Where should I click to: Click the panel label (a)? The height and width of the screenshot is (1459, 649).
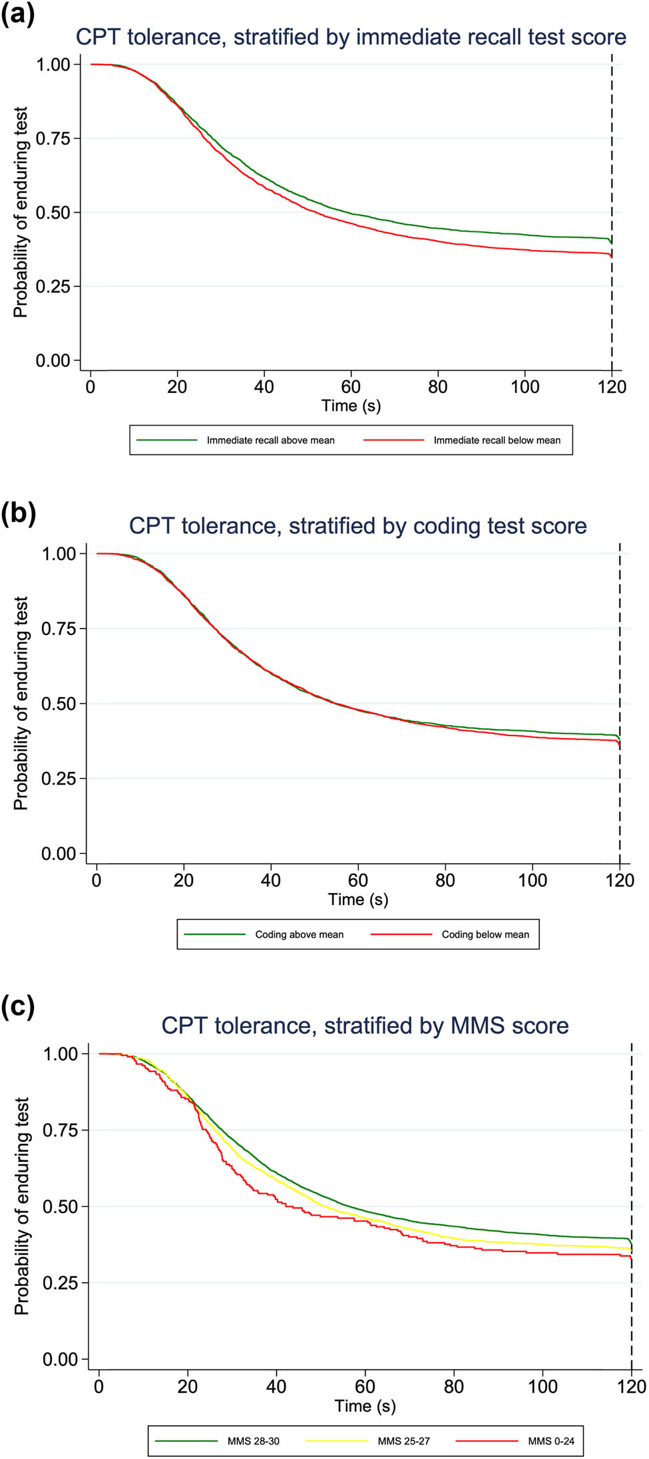(18, 13)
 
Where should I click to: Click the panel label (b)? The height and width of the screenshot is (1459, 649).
(18, 513)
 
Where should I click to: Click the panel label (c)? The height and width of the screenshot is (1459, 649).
(18, 1007)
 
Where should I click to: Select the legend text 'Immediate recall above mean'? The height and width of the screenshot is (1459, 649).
(270, 440)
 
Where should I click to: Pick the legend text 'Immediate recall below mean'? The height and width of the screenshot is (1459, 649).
(497, 440)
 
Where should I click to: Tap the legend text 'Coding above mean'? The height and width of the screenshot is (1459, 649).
(300, 934)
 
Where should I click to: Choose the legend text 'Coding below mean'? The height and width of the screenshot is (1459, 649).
(485, 934)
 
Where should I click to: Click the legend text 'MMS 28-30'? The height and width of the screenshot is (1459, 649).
(254, 1441)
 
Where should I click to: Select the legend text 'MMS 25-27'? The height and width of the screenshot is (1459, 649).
(404, 1441)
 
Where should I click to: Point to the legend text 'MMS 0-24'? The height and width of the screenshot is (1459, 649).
(551, 1441)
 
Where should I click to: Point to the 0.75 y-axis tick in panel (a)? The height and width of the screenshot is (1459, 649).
(53, 138)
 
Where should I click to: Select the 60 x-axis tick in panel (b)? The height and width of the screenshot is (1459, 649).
(358, 880)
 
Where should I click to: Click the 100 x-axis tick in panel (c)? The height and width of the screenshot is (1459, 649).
(542, 1387)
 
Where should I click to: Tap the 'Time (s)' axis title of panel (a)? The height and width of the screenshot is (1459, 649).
(351, 406)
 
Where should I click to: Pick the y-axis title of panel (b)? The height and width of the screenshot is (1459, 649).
(21, 703)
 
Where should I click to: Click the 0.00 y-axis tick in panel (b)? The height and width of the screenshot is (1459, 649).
(59, 853)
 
